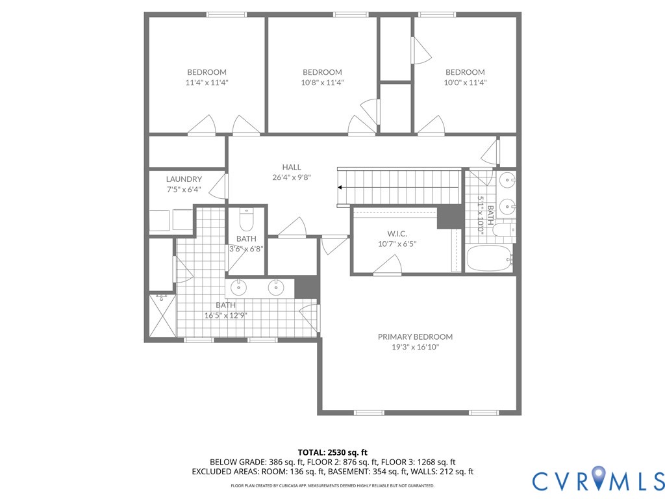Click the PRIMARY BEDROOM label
pos(415,337)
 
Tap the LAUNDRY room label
pos(184,179)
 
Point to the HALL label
pos(292,167)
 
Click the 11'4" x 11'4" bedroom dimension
pos(207,83)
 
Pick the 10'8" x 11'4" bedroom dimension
pos(322,83)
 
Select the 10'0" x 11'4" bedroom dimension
pos(465,83)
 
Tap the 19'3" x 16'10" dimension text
pos(415,347)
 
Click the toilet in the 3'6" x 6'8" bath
pos(246,221)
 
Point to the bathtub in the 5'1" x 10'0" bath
pos(488,259)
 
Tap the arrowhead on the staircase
pos(340,188)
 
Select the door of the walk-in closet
pos(388,265)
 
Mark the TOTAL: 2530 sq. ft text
pos(332,452)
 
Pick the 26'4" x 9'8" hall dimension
pos(292,177)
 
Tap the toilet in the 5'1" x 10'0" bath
pos(503,230)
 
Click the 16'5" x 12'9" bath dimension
pos(225,315)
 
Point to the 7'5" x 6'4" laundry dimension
pos(184,190)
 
